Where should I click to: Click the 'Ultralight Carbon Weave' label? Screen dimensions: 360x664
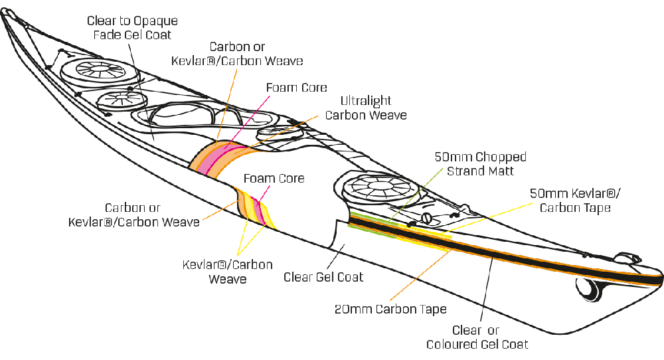pos(366,108)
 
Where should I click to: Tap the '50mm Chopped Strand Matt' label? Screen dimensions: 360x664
pos(480,164)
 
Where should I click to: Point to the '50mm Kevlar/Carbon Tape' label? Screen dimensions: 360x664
pos(575,201)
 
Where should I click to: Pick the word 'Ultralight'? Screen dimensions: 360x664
pos(366,102)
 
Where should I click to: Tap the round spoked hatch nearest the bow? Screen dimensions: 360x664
pos(91,69)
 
